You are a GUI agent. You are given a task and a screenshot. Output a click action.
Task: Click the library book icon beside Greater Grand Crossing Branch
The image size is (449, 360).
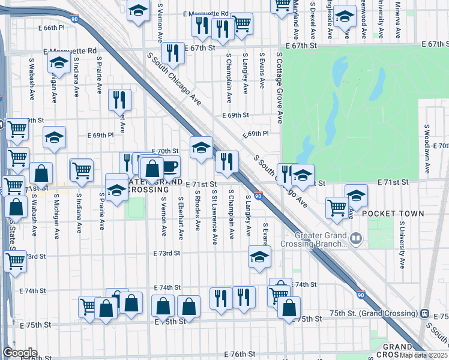click(357, 240)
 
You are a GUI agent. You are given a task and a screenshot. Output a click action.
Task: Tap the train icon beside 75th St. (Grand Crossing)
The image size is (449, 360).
click(424, 314)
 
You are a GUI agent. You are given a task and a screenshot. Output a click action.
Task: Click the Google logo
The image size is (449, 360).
click(20, 353)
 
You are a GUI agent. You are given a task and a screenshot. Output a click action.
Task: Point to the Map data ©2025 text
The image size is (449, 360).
click(423, 355)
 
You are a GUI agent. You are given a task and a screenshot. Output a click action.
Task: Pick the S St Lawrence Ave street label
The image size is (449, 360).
click(215, 217)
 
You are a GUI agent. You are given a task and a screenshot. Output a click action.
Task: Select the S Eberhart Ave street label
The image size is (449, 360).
click(181, 214)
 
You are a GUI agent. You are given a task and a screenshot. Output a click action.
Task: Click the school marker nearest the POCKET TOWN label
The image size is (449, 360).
click(356, 196)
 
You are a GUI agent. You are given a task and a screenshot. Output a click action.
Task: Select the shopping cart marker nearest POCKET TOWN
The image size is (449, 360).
click(337, 208)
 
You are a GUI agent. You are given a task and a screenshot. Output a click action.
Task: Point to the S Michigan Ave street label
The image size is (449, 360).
click(56, 215)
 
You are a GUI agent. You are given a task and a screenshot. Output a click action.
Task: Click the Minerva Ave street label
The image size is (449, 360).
click(398, 16)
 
